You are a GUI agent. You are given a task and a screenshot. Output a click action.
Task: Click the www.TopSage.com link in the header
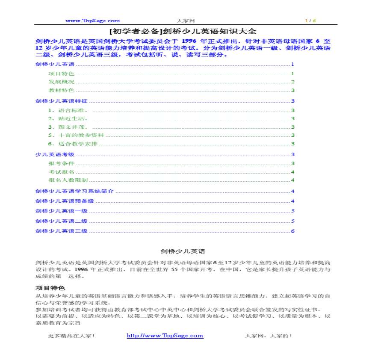[x=92, y=21]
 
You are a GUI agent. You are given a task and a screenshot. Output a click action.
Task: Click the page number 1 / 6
[x=310, y=21]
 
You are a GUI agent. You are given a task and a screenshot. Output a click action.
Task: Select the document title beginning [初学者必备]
[x=183, y=31]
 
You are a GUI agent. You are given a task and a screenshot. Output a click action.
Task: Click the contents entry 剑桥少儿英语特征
[x=62, y=101]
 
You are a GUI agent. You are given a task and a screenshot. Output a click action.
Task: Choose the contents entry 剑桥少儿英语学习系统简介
[x=74, y=191]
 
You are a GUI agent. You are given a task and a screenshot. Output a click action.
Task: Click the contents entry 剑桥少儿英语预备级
[x=65, y=201]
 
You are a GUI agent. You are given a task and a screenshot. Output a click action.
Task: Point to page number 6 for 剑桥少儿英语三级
[x=293, y=231]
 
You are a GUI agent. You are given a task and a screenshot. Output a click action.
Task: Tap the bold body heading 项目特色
[x=50, y=288]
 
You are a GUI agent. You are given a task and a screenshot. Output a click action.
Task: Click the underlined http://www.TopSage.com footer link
[x=165, y=336]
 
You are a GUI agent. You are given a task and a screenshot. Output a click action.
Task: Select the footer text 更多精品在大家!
[x=71, y=336]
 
